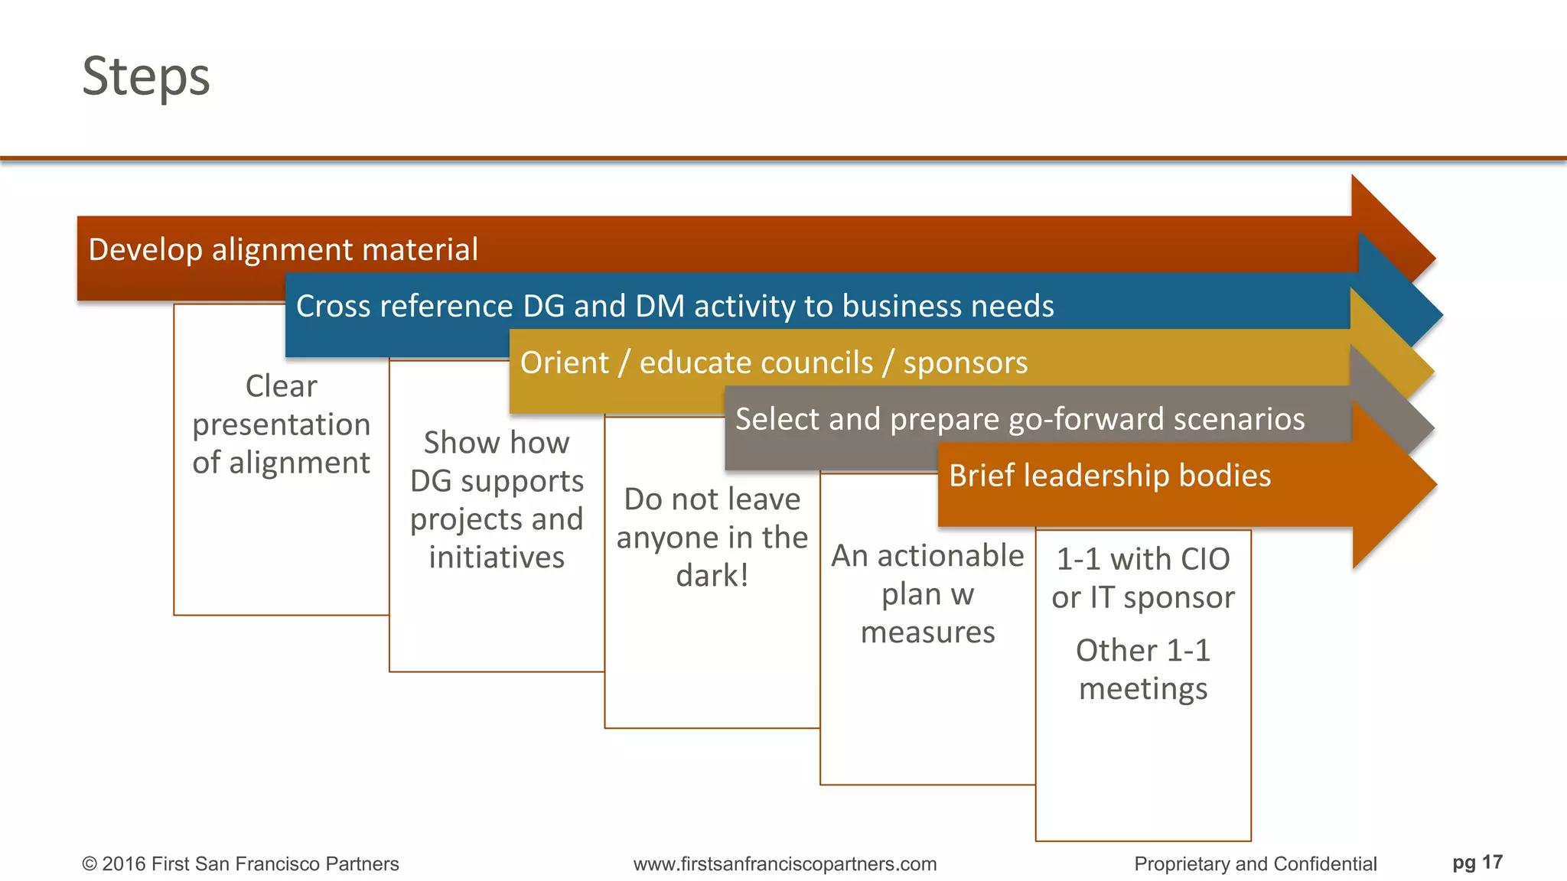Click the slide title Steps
click(x=145, y=76)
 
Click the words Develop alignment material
click(x=283, y=250)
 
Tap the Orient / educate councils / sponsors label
click(x=773, y=362)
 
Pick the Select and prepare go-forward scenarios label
click(x=1019, y=419)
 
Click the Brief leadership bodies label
click(x=1109, y=476)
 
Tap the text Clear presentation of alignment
click(x=281, y=424)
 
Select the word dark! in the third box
click(x=712, y=576)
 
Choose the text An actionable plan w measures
click(x=927, y=594)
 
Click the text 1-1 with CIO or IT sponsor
click(x=1143, y=578)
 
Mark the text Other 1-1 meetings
click(x=1143, y=669)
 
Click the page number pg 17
click(x=1477, y=863)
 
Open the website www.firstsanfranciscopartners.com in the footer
click(x=784, y=864)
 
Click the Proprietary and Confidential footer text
click(x=1255, y=864)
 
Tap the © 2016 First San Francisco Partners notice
click(x=240, y=864)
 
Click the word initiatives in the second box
click(x=497, y=558)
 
